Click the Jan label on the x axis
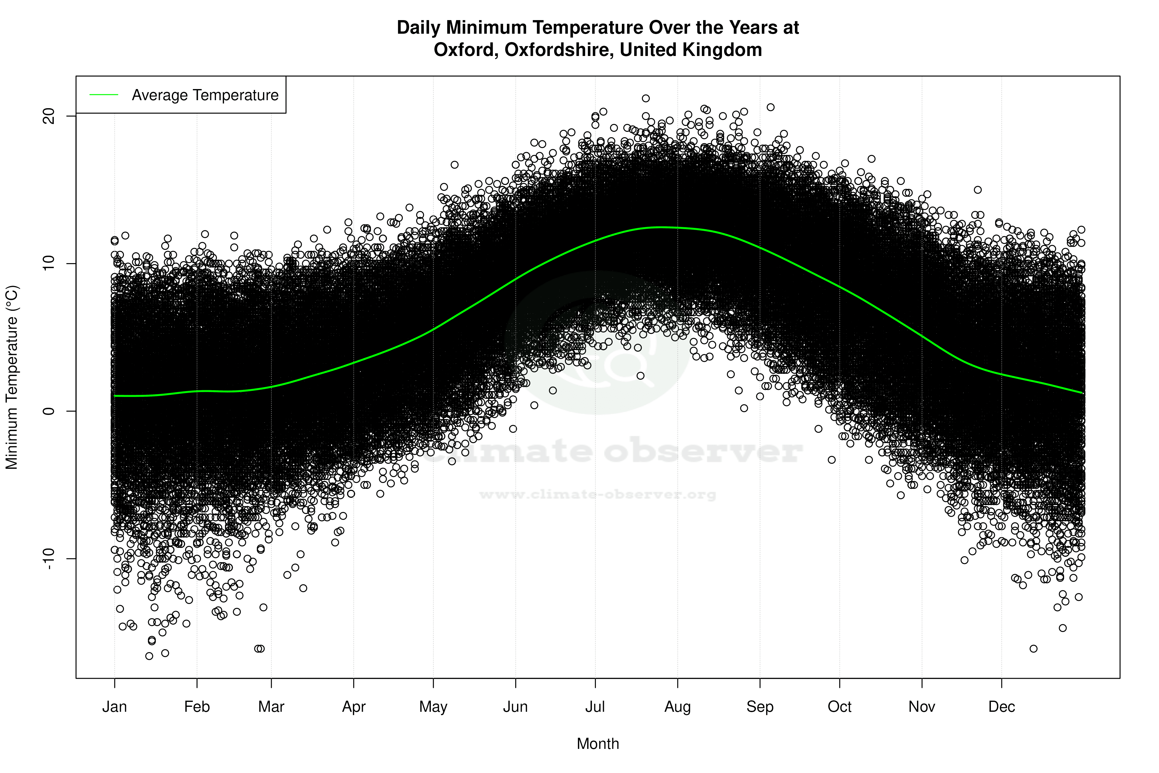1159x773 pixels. point(114,707)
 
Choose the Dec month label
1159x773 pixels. point(1001,707)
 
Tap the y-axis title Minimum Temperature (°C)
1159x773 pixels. point(12,377)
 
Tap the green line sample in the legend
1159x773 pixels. point(104,95)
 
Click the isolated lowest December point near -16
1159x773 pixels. point(1033,649)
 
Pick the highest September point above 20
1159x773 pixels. point(771,107)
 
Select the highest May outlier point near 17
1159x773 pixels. point(454,165)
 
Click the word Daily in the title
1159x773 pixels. point(418,28)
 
